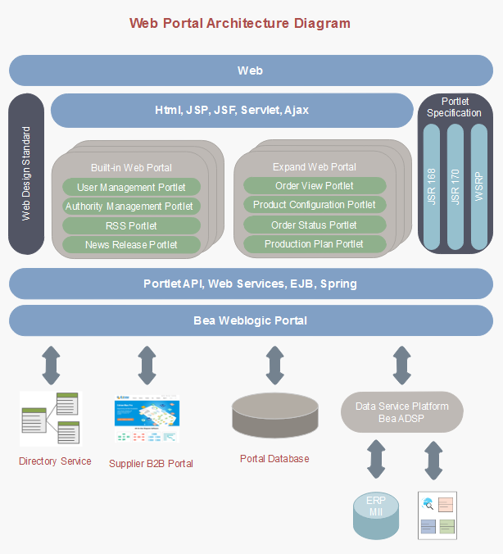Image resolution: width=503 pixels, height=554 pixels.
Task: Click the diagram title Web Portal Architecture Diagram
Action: point(239,24)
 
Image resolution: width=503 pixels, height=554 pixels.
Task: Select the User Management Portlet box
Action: point(131,188)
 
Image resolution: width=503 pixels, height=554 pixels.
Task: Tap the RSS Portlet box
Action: point(131,225)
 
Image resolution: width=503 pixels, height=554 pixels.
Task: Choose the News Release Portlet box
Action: point(131,244)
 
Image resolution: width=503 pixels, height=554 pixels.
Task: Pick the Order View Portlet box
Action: point(315,186)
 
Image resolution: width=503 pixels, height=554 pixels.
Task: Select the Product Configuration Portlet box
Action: point(315,205)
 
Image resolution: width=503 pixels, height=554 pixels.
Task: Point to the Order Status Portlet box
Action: point(315,225)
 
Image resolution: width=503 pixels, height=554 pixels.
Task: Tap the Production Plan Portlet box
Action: point(315,244)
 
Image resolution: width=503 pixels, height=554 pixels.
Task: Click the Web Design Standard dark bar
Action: point(26,174)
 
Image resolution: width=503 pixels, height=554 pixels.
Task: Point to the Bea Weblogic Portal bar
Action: point(251,320)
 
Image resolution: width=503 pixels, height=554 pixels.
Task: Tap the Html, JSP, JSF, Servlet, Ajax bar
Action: point(232,110)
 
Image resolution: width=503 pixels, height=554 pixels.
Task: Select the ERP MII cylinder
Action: point(375,515)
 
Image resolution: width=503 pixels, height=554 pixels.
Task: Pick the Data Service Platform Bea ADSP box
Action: point(401,412)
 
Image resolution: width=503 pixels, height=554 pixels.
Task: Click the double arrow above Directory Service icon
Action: point(51,365)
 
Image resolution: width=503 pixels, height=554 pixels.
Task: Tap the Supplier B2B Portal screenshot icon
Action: point(147,421)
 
